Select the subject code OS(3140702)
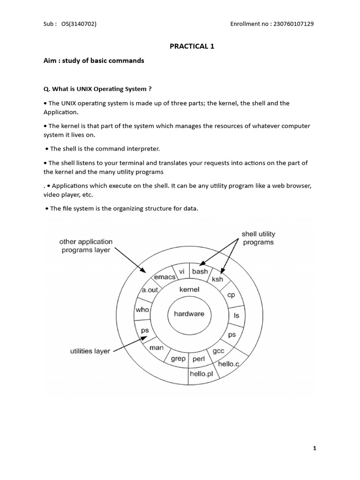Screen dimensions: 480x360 point(79,24)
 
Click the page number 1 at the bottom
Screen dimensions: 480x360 point(315,448)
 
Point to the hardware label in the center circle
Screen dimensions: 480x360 point(189,314)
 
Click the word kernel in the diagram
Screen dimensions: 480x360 point(189,289)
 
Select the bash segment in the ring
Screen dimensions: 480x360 point(200,271)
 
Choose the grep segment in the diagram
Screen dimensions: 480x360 point(179,359)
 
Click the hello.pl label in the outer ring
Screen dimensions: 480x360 point(201,374)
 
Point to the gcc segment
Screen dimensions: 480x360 point(218,351)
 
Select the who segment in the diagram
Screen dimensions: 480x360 point(142,309)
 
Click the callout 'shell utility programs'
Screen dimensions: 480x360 point(258,238)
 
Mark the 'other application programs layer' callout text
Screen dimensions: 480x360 point(86,246)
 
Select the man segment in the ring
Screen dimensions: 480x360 point(156,348)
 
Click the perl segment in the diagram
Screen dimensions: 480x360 point(199,359)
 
